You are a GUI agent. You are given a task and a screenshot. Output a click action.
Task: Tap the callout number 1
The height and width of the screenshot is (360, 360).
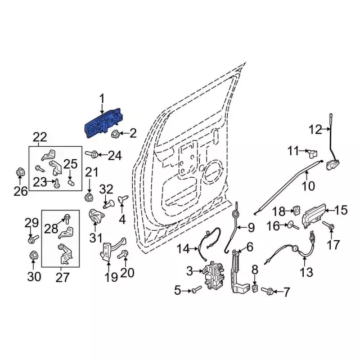coord(102,100)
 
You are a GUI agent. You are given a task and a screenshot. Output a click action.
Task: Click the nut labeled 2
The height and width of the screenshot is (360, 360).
coord(115,133)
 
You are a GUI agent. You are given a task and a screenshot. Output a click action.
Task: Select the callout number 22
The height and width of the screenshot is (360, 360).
coord(40,137)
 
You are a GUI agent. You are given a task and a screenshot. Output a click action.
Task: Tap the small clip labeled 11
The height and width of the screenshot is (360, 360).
coord(313,151)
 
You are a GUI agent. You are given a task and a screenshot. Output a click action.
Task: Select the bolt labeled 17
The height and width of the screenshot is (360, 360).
coord(330,227)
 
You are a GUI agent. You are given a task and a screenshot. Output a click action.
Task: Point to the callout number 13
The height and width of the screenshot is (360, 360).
coord(305,273)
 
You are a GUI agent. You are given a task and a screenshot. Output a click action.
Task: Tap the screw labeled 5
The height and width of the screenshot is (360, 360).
coord(195,290)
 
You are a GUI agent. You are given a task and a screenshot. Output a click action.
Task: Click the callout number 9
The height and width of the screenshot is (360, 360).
coord(250,228)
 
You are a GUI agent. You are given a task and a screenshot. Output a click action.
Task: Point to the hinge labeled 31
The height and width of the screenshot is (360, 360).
coord(97,216)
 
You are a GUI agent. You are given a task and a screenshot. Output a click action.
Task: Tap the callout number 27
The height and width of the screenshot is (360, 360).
coord(62,277)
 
